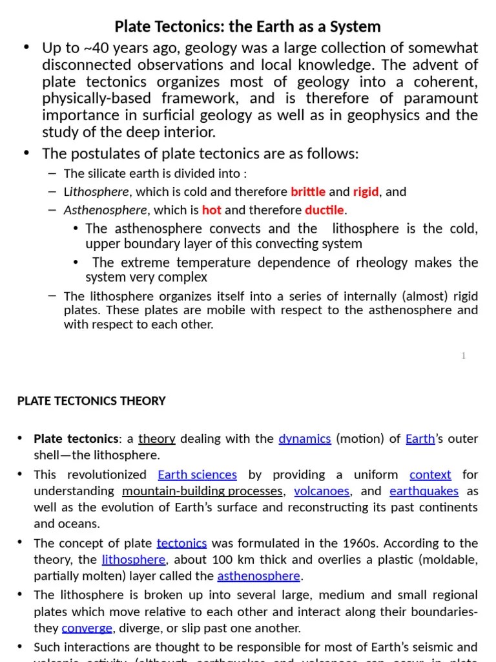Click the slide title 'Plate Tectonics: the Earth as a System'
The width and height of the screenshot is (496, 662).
click(247, 27)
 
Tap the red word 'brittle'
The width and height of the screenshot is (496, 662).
click(308, 192)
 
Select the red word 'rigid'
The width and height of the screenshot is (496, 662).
click(366, 192)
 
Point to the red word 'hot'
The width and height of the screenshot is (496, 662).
click(211, 210)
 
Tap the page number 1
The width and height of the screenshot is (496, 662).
click(464, 356)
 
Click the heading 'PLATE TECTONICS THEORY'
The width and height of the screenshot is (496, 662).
click(91, 401)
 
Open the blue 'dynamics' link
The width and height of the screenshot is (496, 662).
click(305, 439)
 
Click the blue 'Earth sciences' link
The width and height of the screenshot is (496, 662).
click(197, 475)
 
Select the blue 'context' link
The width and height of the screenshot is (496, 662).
click(430, 475)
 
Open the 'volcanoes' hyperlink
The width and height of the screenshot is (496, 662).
click(322, 491)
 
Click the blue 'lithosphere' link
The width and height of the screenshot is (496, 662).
click(134, 560)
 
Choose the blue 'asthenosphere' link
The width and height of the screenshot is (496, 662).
click(258, 576)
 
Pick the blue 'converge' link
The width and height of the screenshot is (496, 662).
click(87, 628)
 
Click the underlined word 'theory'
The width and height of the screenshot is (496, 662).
click(157, 439)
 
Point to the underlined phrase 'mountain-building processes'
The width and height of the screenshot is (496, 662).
click(202, 491)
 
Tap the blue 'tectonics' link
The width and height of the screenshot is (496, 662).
click(181, 544)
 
